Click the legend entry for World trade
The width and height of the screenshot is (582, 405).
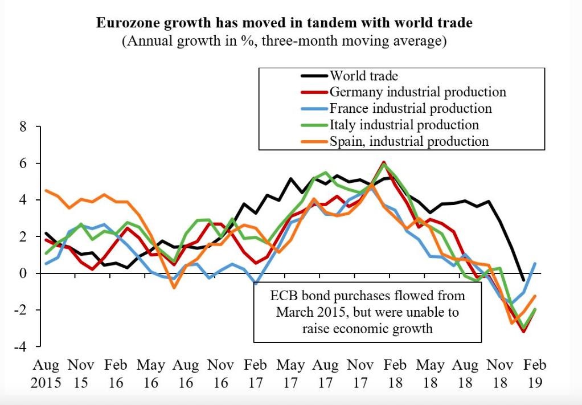tap(364, 75)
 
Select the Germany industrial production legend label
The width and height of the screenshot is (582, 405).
tap(417, 92)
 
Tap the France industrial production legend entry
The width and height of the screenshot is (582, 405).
tap(410, 108)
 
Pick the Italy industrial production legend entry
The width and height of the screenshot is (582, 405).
tap(404, 125)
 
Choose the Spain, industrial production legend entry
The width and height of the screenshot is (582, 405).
tap(409, 141)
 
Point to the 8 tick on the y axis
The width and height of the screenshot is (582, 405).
tap(23, 127)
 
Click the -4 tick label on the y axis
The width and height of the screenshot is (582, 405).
tap(21, 346)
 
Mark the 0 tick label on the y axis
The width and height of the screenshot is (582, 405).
tap(23, 273)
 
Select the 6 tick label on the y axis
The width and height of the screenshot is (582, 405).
tap(23, 163)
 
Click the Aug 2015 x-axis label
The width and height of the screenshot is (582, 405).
tap(46, 373)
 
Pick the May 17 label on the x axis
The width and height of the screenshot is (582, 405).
tap(290, 373)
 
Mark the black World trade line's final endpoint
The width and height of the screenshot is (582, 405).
tap(523, 280)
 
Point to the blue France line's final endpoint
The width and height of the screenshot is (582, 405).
tap(535, 263)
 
